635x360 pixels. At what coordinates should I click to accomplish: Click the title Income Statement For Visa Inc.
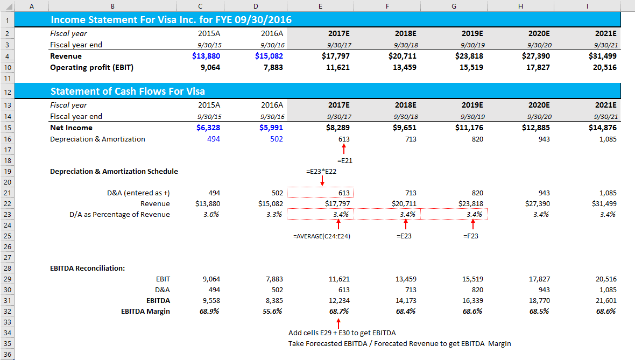pos(171,20)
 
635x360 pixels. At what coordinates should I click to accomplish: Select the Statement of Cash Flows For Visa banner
pos(128,91)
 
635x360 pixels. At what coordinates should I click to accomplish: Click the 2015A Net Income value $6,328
pos(206,128)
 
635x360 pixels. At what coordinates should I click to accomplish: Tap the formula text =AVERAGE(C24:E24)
pos(321,236)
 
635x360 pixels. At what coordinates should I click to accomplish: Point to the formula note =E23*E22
pos(321,172)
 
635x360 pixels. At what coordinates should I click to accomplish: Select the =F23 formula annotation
pos(470,236)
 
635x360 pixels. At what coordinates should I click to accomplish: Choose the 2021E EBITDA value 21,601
pos(604,300)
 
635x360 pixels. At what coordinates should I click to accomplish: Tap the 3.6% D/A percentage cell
pos(210,214)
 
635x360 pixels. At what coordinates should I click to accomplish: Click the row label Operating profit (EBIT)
pos(91,67)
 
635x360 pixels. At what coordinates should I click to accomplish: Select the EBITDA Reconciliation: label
pos(87,268)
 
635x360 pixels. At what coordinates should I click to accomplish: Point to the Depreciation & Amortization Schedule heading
pos(114,171)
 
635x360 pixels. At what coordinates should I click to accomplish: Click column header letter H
pos(520,6)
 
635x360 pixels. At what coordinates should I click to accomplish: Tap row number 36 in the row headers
pos(8,355)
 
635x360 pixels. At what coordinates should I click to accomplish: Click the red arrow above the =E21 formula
pos(343,149)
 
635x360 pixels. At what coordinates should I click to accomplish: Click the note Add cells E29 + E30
pos(342,333)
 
